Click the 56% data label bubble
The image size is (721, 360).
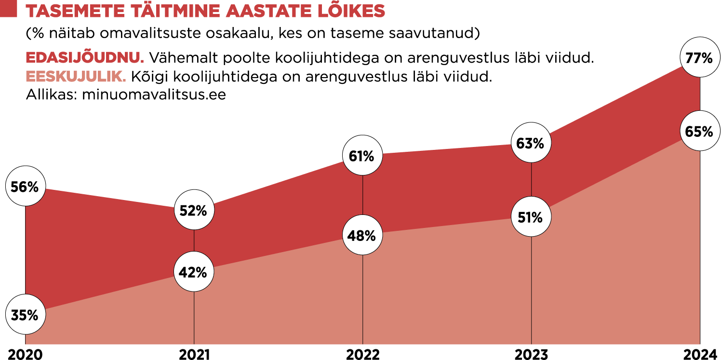pos(25,187)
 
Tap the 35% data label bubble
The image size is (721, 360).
pos(25,316)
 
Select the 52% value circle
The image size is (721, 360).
pos(193,211)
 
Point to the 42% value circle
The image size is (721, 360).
pos(193,272)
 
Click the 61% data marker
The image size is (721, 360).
pos(362,156)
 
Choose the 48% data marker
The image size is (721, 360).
pos(362,236)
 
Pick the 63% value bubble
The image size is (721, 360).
pos(530,143)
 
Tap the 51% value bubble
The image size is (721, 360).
pos(530,217)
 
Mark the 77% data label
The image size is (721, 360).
pos(699,58)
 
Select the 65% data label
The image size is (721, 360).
pos(699,132)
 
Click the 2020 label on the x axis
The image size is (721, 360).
pos(26,355)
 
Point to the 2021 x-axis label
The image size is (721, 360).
pos(194,355)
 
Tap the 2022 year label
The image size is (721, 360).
pos(363,355)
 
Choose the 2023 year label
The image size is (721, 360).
pos(531,355)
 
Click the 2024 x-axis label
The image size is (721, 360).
pos(700,355)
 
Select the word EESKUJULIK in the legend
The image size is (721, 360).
pos(76,77)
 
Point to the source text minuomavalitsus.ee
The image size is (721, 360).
pos(154,94)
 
